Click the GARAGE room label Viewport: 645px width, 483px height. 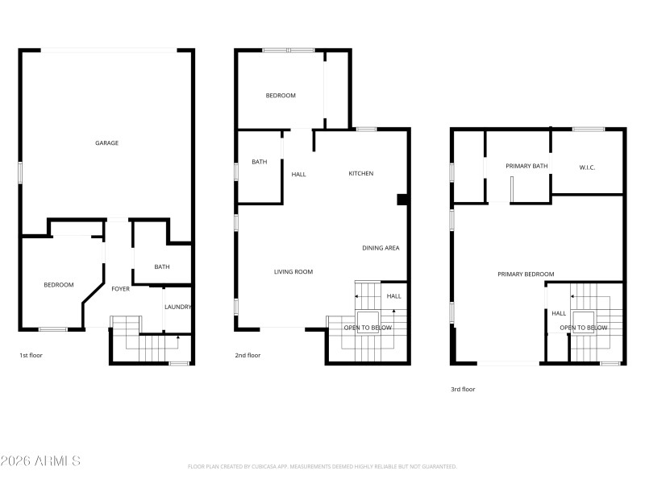point(107,143)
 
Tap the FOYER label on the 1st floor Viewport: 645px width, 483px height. point(120,289)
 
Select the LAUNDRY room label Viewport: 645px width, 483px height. point(177,307)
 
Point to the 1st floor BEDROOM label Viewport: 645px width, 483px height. point(59,285)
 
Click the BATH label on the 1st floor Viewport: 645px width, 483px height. point(161,267)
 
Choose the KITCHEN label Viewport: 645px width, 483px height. point(360,174)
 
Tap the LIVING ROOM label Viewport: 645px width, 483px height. point(293,272)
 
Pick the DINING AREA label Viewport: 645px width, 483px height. point(381,248)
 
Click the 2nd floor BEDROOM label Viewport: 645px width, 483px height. point(281,96)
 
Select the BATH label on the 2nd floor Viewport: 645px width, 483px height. point(259,162)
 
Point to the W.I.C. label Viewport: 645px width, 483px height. point(587,167)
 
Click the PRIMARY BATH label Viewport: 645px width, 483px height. point(526,166)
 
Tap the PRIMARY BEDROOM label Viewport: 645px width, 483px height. point(526,275)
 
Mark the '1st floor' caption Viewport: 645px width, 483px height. point(31,355)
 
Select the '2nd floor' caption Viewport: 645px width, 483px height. point(248,355)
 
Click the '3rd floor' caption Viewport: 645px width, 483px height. point(463,390)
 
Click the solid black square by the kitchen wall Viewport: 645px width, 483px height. point(402,200)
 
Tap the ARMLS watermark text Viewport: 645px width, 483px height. point(40,461)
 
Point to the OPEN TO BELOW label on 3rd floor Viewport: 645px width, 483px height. point(584,328)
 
